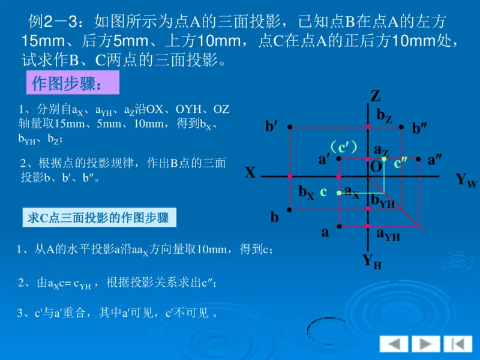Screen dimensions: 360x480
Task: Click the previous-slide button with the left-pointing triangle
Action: (394, 344)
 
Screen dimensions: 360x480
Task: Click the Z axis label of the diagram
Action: (376, 96)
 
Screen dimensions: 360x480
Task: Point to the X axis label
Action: (250, 173)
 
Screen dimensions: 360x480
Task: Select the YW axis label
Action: (466, 179)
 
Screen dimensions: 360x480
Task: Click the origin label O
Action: (376, 167)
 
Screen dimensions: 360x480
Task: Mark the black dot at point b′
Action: (290, 127)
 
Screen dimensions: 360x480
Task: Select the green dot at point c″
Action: (385, 159)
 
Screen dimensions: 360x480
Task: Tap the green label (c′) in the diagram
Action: (343, 146)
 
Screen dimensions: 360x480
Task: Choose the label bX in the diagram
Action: (306, 192)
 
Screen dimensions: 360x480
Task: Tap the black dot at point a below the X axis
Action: (340, 226)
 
